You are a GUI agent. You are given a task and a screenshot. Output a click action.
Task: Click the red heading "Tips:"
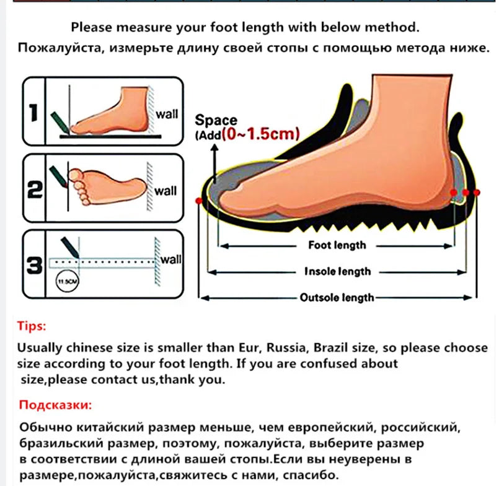(x=32, y=326)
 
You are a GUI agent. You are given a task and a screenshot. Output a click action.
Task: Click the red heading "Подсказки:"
(x=55, y=406)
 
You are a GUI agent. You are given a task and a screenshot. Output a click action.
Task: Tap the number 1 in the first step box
(x=33, y=113)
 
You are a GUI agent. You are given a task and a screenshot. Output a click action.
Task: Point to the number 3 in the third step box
(x=34, y=266)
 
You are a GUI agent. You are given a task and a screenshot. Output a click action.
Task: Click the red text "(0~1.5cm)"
(x=261, y=134)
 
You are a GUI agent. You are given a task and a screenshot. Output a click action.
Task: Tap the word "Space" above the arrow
(x=216, y=120)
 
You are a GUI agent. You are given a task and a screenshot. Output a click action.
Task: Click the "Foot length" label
(x=337, y=245)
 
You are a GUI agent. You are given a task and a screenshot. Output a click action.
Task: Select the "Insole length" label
(x=338, y=271)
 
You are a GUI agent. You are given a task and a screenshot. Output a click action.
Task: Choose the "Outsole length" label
(x=337, y=298)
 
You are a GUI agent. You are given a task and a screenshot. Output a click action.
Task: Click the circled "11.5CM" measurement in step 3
(x=67, y=281)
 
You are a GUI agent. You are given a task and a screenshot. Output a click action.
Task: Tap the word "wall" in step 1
(x=167, y=114)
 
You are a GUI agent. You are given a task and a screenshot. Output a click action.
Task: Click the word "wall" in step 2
(x=166, y=191)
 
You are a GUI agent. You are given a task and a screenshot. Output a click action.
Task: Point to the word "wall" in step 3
(x=170, y=259)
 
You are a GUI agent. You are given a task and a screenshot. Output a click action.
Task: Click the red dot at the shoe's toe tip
(x=199, y=201)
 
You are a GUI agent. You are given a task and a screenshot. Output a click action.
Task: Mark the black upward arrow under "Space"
(x=215, y=163)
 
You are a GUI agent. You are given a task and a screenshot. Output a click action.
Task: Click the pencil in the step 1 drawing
(x=61, y=122)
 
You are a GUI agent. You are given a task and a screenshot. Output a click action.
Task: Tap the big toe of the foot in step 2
(x=76, y=175)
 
